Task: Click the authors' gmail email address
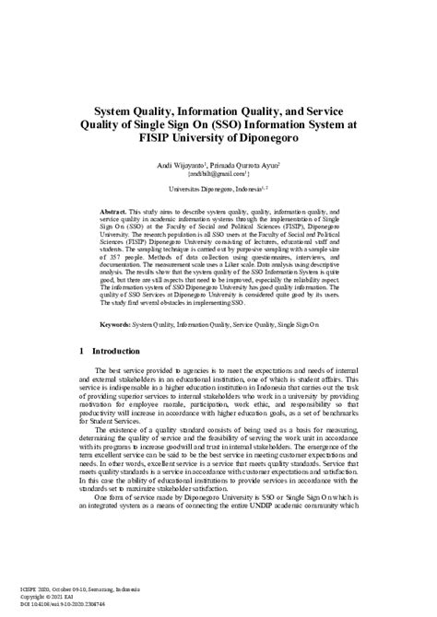coord(218,172)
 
